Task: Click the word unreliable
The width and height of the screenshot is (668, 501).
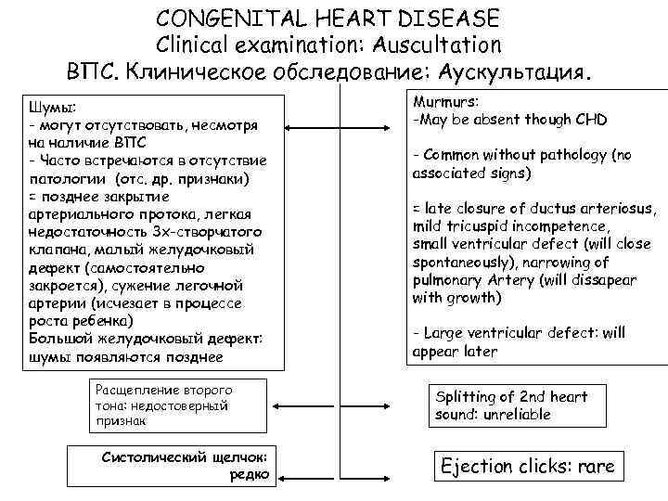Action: (514, 415)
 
